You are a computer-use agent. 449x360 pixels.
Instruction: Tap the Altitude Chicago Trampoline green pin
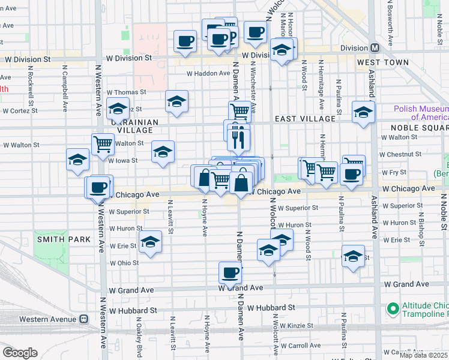click(x=393, y=309)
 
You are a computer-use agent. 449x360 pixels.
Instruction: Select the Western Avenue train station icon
click(x=83, y=319)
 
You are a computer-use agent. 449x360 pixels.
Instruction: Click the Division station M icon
click(x=375, y=48)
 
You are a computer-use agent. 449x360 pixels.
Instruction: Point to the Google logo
click(x=20, y=352)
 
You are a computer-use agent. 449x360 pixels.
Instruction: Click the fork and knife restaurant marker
click(x=238, y=139)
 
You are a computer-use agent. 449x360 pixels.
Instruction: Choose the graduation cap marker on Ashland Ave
click(x=363, y=112)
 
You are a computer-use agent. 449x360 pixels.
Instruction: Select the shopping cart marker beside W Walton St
click(x=103, y=144)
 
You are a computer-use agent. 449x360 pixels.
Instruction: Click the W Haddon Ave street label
click(x=208, y=73)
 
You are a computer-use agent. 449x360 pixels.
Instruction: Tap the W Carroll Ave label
click(x=304, y=346)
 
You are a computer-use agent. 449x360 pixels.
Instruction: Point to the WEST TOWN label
click(x=382, y=62)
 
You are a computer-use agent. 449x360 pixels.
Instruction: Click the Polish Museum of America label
click(x=421, y=113)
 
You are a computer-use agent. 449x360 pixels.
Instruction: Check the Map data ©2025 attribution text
click(x=424, y=355)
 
